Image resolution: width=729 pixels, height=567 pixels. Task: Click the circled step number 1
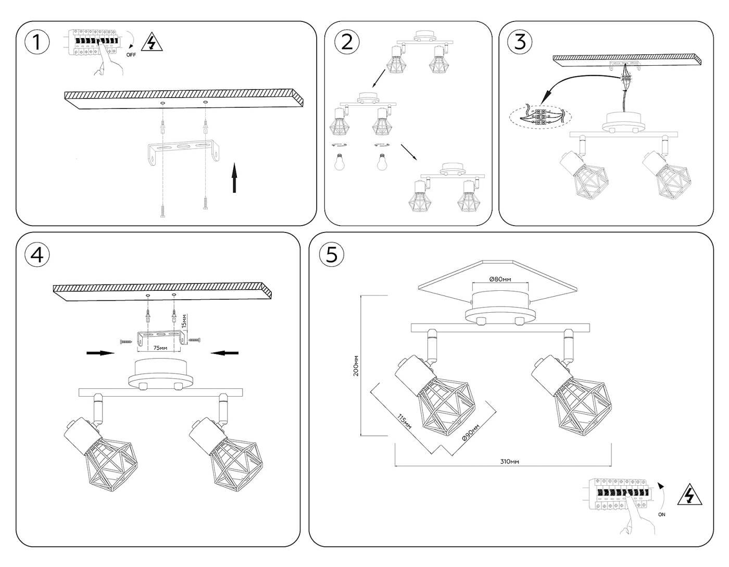point(36,42)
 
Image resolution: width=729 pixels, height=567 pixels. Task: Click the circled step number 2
point(347,42)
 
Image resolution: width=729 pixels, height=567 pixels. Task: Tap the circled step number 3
point(520,42)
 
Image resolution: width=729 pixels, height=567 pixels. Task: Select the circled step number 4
point(36,254)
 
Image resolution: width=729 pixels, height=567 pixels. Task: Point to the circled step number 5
point(332,254)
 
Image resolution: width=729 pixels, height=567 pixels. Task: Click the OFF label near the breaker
point(131,55)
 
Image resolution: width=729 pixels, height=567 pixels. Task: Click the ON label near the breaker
point(661,514)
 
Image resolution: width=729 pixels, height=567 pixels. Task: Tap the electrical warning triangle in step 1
point(152,42)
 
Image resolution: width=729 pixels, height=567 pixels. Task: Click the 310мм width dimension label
point(509,462)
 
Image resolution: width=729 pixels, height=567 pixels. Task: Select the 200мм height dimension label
point(356,366)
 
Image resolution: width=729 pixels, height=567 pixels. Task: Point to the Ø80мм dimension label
point(500,279)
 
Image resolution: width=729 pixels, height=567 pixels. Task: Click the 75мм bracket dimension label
point(160,347)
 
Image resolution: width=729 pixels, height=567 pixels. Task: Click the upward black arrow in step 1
point(234,178)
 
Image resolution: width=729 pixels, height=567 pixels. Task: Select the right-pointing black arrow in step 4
point(100,353)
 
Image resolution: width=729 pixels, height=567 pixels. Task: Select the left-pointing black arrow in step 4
point(225,353)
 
